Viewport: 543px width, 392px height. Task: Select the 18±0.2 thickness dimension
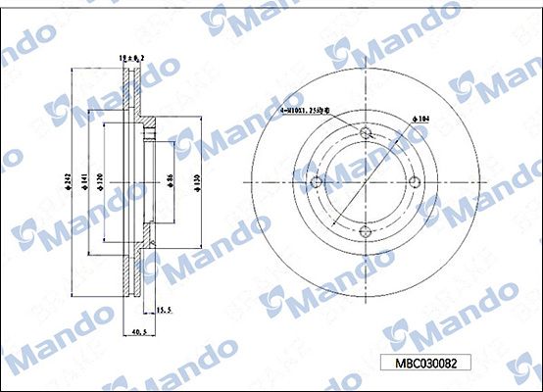132,59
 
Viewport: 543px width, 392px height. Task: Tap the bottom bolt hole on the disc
364,232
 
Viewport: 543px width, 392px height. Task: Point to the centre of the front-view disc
364,182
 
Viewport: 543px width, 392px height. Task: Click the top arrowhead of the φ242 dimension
74,71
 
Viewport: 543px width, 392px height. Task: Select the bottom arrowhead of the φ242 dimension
74,294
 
